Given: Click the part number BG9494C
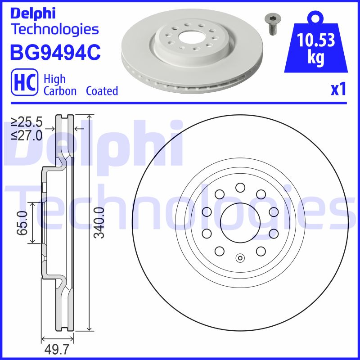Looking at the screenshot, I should point(54,52).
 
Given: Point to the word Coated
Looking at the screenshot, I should point(102,91).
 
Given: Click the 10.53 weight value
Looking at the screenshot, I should point(316,41).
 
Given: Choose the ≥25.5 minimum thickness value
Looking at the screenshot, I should point(27,121).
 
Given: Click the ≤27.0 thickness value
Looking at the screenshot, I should point(27,135).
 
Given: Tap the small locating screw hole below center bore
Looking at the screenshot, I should point(240,258).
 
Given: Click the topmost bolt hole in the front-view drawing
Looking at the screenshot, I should point(239,188).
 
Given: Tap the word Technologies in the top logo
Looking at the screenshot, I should point(54,29).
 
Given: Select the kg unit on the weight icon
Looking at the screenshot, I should point(316,59).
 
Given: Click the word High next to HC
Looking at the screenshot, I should point(54,79).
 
